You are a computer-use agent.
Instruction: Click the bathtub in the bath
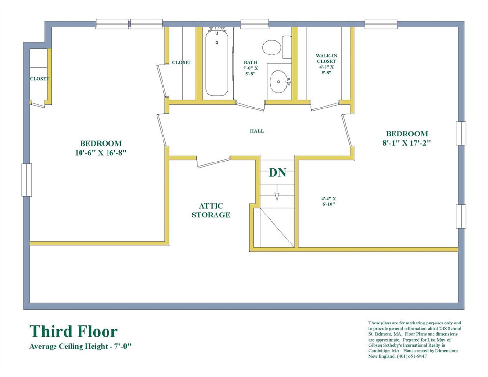(217, 62)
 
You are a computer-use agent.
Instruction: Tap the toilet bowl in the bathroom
(271, 48)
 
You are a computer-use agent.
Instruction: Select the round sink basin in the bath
(278, 81)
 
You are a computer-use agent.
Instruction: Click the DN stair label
(277, 172)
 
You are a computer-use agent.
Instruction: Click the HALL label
(257, 131)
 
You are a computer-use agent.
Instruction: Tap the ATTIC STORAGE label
(211, 211)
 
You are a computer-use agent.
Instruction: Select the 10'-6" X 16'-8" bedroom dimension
(101, 153)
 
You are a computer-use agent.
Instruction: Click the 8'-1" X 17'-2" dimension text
(407, 143)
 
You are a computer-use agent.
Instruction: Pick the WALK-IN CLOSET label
(326, 58)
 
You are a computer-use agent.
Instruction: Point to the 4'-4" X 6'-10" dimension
(328, 201)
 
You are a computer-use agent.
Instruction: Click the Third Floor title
(74, 331)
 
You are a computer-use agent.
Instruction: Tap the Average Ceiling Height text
(81, 346)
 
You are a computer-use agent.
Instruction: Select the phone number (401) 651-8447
(411, 356)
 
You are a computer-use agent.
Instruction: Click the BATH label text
(250, 62)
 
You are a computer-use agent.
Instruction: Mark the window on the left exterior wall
(27, 180)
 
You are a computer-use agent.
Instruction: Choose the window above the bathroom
(255, 24)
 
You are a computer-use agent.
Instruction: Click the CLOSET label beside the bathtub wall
(182, 62)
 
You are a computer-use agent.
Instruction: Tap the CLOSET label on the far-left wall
(40, 79)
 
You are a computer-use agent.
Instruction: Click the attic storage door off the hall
(214, 163)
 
